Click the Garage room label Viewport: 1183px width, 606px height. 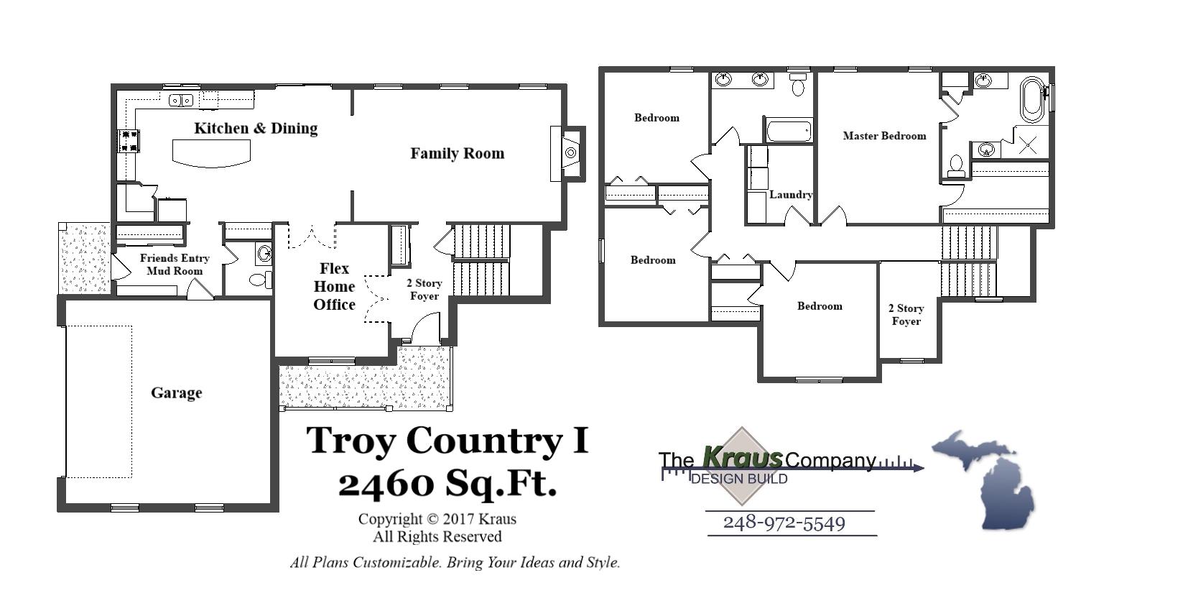click(x=176, y=392)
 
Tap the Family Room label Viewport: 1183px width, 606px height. click(x=457, y=153)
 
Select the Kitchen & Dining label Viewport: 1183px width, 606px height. click(x=256, y=128)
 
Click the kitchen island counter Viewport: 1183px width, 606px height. click(x=211, y=152)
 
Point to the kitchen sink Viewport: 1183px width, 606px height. click(x=180, y=100)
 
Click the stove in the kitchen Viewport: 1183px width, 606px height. click(x=129, y=140)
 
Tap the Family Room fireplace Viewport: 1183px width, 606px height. click(x=570, y=152)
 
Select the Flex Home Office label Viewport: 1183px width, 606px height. click(x=334, y=286)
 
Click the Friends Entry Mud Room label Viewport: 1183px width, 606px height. click(x=175, y=264)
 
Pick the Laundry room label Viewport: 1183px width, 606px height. click(x=791, y=194)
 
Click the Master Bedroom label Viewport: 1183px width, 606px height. click(x=884, y=135)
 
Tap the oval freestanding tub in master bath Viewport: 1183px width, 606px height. click(x=1032, y=98)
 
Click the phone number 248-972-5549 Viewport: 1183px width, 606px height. click(x=784, y=523)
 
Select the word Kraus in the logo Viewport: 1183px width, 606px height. click(x=742, y=456)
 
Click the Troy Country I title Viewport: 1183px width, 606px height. click(x=447, y=440)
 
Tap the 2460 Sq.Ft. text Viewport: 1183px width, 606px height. click(x=447, y=483)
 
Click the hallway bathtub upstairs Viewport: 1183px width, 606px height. click(x=789, y=131)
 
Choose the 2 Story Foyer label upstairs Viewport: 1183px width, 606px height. click(x=906, y=314)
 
